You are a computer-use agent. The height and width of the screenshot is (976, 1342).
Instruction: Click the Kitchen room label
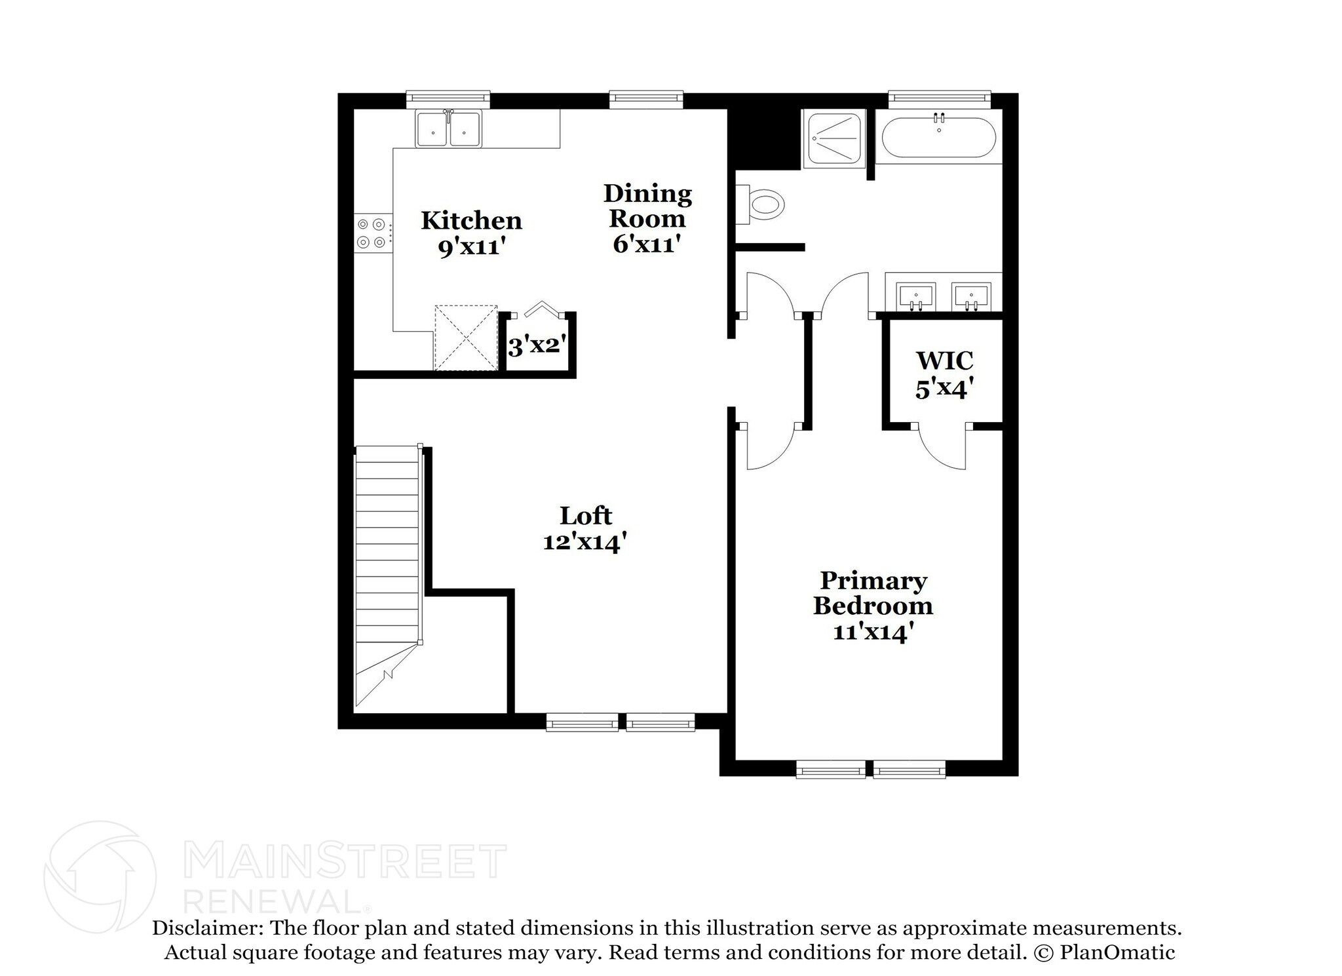pyautogui.click(x=471, y=220)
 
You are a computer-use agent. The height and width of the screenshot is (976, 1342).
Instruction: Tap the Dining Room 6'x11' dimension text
pyautogui.click(x=647, y=244)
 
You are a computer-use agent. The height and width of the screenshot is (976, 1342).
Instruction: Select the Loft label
pyautogui.click(x=585, y=516)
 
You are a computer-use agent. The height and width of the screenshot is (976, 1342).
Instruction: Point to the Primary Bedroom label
pyautogui.click(x=873, y=593)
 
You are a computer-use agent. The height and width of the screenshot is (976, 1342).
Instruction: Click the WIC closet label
pyautogui.click(x=944, y=361)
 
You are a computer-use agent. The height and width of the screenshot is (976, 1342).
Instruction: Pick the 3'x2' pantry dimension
pyautogui.click(x=537, y=345)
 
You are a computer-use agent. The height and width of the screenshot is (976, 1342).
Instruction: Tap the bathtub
pyautogui.click(x=938, y=138)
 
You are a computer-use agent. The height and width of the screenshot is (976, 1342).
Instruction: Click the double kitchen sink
pyautogui.click(x=448, y=128)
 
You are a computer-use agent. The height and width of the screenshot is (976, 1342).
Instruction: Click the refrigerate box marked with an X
pyautogui.click(x=466, y=338)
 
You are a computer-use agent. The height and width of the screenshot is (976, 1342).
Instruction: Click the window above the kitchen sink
pyautogui.click(x=448, y=99)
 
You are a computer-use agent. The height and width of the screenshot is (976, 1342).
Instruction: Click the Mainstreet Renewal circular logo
pyautogui.click(x=100, y=877)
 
